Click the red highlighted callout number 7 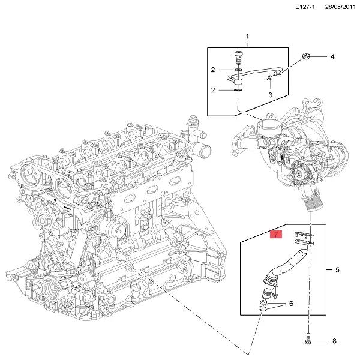pos(277,235)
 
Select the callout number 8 pos(335,341)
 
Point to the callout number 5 pos(337,270)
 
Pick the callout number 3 pos(270,94)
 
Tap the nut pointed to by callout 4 pos(305,56)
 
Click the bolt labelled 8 pos(308,340)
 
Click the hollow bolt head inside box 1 pos(238,56)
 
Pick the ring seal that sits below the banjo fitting pos(238,91)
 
